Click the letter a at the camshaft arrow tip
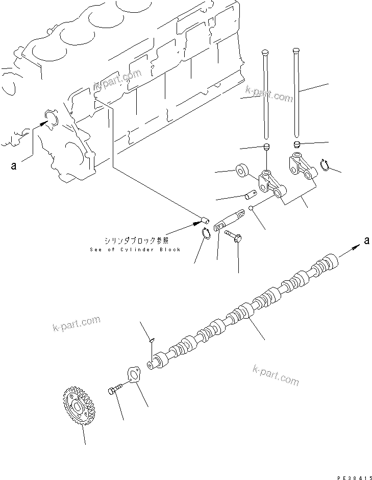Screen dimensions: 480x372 pyautogui.click(x=366, y=241)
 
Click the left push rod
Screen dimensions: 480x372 pyautogui.click(x=265, y=94)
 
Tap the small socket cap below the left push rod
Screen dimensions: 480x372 pyautogui.click(x=265, y=147)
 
